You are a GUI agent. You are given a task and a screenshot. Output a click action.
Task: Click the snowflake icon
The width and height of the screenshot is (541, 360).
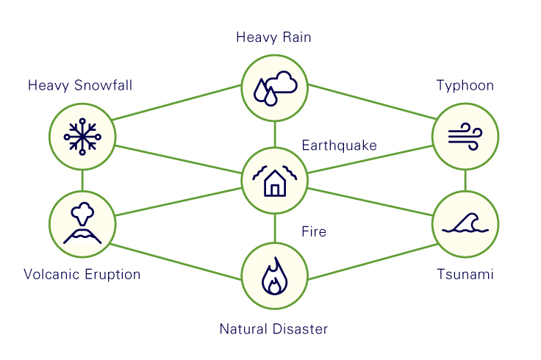point(82,137)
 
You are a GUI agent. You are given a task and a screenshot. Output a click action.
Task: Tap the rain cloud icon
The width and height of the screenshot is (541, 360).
point(276,88)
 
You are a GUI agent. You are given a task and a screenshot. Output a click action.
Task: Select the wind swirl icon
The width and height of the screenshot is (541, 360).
point(465,137)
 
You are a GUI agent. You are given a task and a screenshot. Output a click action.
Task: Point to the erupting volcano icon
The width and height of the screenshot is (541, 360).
point(82,223)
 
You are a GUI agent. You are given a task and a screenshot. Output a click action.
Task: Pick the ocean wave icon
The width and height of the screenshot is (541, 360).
point(465,223)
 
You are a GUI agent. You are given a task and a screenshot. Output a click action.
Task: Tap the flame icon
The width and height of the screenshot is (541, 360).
point(275,276)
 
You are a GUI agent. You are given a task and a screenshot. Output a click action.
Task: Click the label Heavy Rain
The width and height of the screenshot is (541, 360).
point(273,37)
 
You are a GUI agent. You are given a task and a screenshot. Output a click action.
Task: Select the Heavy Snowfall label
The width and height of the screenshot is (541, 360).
point(80,85)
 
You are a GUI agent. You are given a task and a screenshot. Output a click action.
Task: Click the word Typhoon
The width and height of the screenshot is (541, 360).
point(465,85)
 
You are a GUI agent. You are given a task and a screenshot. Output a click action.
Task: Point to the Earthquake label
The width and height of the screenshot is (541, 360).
point(339,145)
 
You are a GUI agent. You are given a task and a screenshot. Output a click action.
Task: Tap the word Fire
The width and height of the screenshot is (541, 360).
point(314,231)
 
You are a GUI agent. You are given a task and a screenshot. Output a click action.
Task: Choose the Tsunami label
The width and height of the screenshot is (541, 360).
point(465,275)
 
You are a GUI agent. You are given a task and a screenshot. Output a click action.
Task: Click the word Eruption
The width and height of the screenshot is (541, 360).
point(112,275)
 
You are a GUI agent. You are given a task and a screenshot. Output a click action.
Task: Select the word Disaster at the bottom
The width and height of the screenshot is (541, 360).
point(301,329)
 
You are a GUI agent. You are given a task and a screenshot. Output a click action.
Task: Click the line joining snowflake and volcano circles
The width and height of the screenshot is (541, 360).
point(82,180)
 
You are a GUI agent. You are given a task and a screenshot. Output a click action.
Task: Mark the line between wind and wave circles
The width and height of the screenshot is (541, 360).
point(465,180)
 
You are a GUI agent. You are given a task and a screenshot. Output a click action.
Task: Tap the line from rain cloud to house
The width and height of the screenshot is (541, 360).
point(275,134)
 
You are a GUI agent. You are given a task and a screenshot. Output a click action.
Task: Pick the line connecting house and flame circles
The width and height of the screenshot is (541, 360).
point(275,228)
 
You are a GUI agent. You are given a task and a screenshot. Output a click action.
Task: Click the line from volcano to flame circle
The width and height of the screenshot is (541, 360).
point(176,262)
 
